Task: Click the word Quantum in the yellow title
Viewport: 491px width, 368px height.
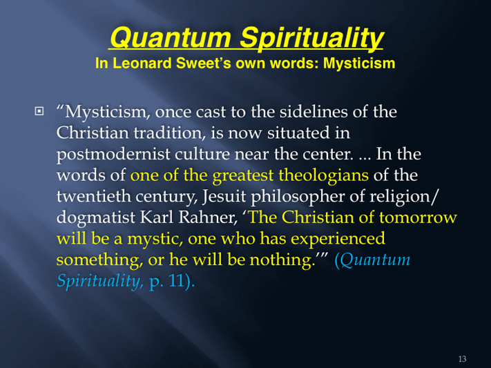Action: (171, 37)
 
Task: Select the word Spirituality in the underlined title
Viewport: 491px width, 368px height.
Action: (311, 39)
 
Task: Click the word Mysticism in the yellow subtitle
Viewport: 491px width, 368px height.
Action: (359, 64)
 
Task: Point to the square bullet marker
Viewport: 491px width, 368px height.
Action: (39, 111)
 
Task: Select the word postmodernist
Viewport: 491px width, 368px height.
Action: (113, 154)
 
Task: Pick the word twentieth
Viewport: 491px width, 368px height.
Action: (93, 196)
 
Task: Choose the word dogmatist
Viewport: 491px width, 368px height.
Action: (96, 217)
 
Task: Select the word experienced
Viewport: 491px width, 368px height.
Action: (338, 239)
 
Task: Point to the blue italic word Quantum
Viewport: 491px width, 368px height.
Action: (375, 260)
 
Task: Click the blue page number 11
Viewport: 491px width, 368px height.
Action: (176, 280)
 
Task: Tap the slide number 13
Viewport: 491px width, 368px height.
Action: (462, 358)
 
